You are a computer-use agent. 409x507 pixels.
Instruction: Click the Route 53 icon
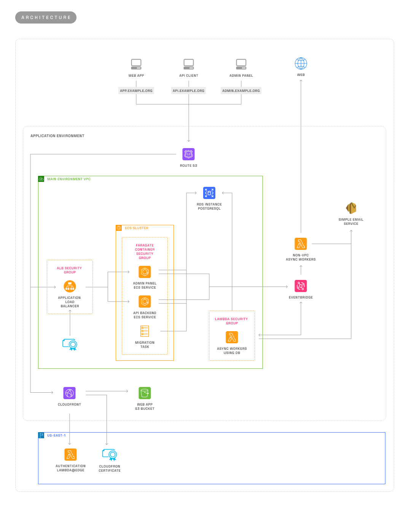[x=188, y=154]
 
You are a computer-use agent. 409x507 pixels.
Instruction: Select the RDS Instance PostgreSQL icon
[x=209, y=193]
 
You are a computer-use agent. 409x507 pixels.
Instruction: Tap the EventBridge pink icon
[x=301, y=286]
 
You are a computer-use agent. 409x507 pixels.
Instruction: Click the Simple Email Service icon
[x=351, y=208]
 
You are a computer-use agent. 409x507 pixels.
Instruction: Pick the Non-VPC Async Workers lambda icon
[x=301, y=244]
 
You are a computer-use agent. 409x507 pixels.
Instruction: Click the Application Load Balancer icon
[x=70, y=286]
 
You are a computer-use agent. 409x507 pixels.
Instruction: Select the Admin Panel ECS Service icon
[x=145, y=272]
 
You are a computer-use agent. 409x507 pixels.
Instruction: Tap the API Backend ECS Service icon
[x=145, y=302]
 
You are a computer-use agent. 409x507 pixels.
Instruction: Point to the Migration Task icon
[x=145, y=331]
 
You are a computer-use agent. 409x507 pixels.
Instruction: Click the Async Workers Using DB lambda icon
[x=232, y=337]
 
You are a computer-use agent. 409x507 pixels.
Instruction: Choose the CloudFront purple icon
[x=69, y=393]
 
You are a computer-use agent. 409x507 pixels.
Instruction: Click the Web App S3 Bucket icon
[x=145, y=393]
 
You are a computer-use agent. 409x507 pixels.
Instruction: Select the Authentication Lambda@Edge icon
[x=70, y=455]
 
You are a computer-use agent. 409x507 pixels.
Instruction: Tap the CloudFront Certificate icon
[x=110, y=455]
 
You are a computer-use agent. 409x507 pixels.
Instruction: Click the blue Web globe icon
[x=301, y=63]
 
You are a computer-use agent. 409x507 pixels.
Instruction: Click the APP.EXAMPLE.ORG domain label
[x=136, y=91]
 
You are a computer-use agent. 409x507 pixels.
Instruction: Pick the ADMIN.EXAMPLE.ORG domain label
[x=241, y=91]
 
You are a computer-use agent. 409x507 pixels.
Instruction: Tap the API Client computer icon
[x=189, y=64]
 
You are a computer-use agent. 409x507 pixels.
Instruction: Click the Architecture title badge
[x=46, y=17]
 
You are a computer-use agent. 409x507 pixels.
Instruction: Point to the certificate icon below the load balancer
[x=70, y=344]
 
